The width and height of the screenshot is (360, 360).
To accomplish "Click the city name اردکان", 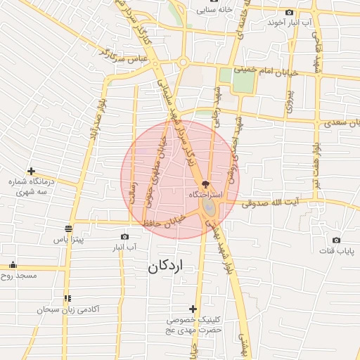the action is (x=169, y=267).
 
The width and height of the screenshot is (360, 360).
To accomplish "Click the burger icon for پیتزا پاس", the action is (x=68, y=229).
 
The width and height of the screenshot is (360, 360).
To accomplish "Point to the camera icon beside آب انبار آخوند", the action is (x=290, y=12).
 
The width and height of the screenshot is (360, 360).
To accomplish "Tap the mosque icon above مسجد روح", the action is (x=13, y=265).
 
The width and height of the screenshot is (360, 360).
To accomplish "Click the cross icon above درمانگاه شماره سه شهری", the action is (x=31, y=171).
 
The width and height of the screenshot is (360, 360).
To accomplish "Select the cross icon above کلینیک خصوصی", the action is (x=193, y=309).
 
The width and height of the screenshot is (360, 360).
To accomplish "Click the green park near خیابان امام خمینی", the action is (x=240, y=80).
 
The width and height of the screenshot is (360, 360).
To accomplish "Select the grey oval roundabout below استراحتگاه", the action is (x=210, y=207).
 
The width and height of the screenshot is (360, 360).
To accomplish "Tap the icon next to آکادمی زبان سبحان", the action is (x=67, y=299).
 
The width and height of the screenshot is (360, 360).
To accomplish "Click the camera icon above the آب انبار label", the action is (x=125, y=237).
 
